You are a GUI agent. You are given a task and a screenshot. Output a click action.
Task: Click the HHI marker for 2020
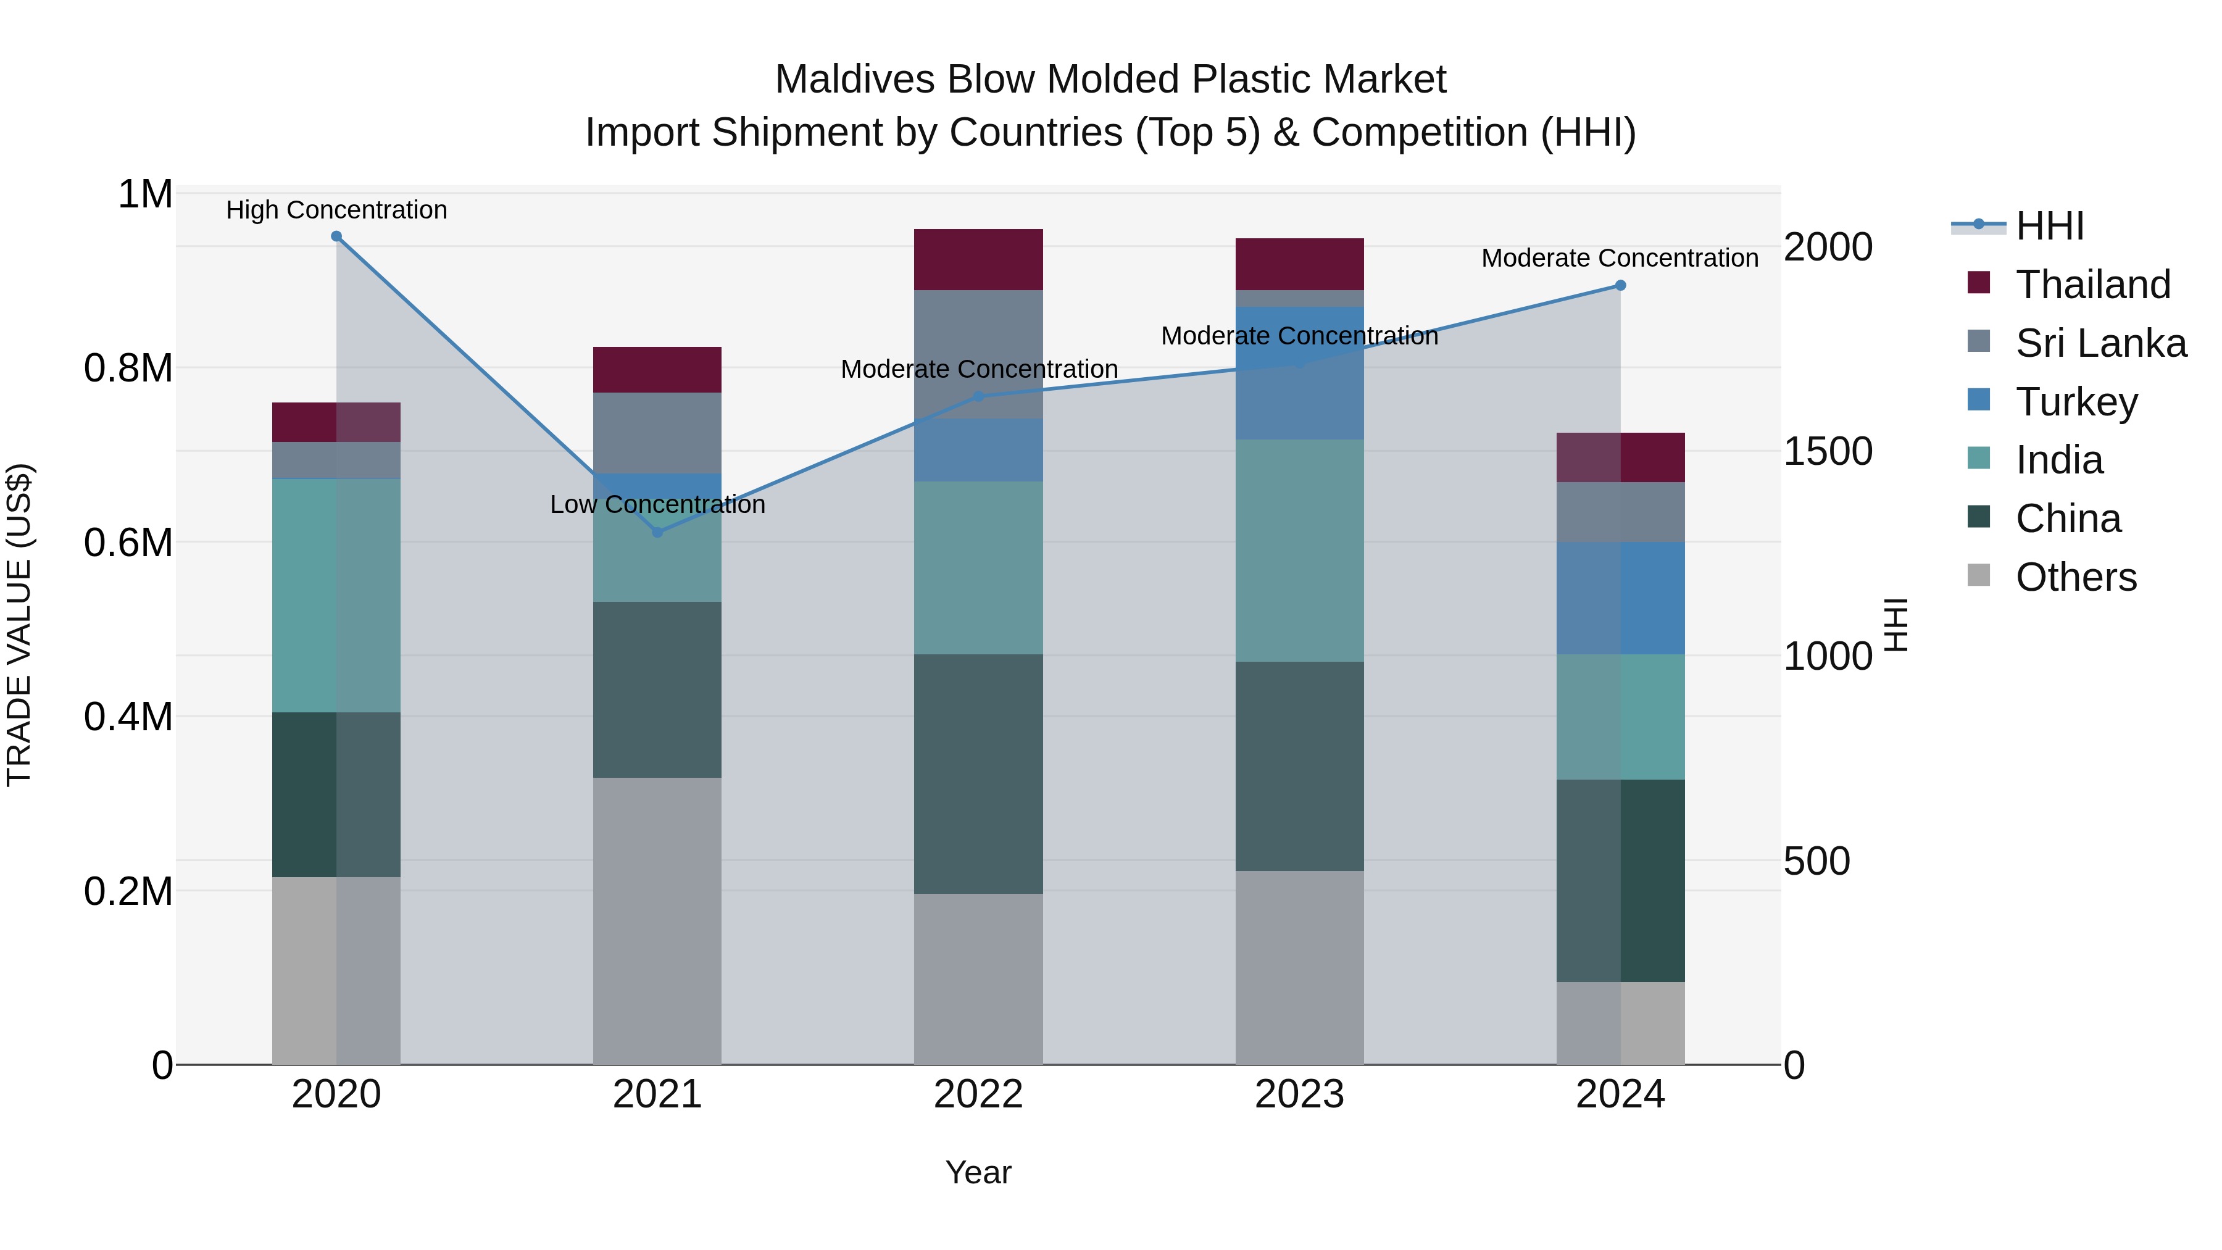click(336, 236)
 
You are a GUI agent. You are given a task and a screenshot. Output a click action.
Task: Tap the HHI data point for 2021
click(657, 532)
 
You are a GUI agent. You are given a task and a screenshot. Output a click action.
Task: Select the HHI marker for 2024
click(1620, 286)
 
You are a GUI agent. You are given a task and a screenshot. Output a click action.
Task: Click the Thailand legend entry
click(2092, 285)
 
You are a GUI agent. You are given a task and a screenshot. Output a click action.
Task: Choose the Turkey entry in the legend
click(2076, 402)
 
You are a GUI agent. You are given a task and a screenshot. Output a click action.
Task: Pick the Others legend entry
click(2075, 577)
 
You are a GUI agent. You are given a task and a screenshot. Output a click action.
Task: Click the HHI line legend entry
click(2049, 226)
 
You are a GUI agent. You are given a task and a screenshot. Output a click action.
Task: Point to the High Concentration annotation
click(336, 210)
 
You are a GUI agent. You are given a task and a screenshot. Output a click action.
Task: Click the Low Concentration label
click(657, 505)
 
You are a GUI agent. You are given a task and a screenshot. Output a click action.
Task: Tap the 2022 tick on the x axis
click(978, 1094)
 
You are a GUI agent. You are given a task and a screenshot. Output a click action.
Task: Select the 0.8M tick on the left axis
click(128, 369)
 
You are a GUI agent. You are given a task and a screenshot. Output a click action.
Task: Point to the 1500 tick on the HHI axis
click(1828, 451)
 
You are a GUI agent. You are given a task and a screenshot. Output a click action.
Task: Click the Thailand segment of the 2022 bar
click(978, 260)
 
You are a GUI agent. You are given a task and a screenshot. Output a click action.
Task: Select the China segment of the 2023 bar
click(1299, 766)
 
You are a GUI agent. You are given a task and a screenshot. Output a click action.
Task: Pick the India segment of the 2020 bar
click(336, 595)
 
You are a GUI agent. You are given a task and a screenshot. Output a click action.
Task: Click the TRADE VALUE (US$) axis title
click(19, 625)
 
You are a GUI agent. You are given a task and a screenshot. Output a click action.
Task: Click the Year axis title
click(978, 1172)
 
